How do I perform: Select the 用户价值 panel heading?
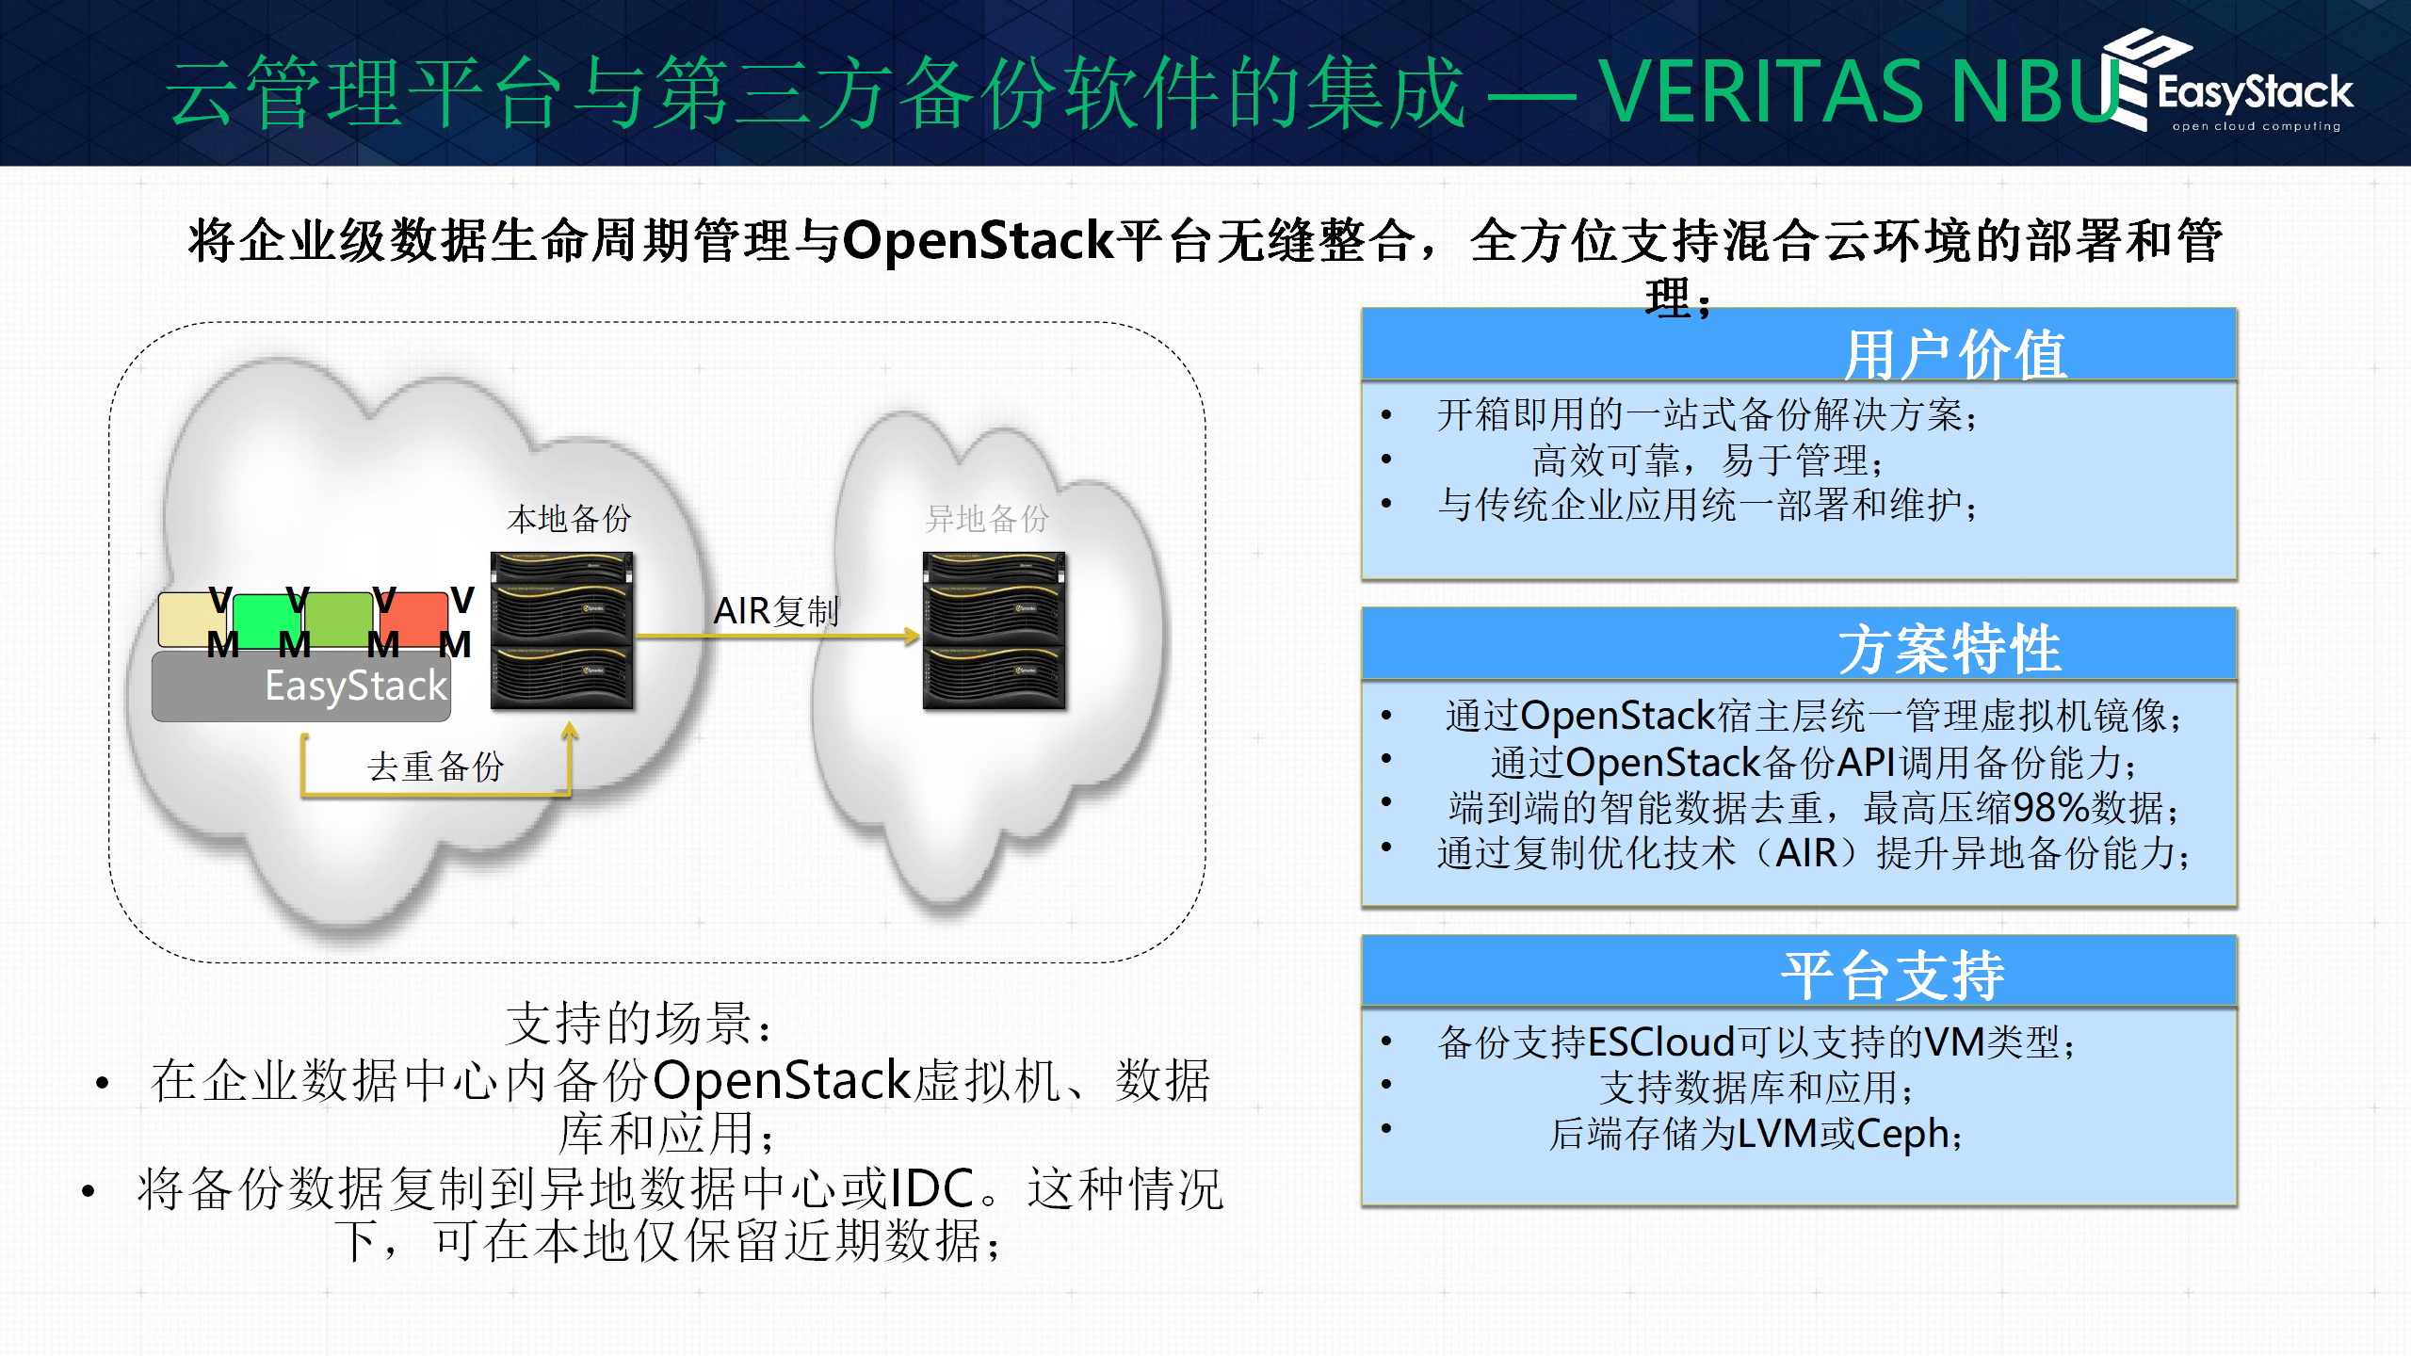click(1954, 355)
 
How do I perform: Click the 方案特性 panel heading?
click(1950, 649)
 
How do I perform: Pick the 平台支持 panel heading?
click(1893, 975)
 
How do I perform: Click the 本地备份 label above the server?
click(569, 519)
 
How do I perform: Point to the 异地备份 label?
click(987, 519)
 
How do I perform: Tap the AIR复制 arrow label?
click(775, 612)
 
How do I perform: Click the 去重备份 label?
click(435, 767)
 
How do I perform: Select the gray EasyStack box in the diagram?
click(301, 686)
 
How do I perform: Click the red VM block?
click(414, 618)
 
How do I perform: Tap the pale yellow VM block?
click(188, 619)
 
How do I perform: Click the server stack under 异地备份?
click(994, 630)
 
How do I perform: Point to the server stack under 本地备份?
click(562, 630)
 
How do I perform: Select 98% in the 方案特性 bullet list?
click(2047, 808)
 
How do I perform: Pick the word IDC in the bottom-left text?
click(931, 1188)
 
